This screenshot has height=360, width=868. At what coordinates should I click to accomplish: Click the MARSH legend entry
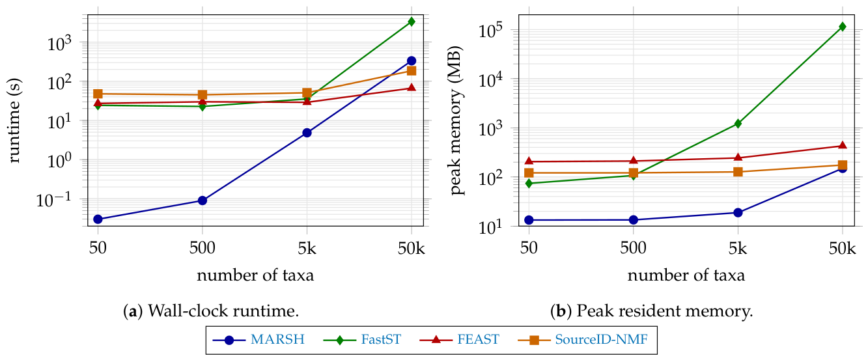[259, 340]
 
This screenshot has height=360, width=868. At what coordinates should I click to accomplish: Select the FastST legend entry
[362, 340]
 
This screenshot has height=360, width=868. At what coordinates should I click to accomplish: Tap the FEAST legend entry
[459, 340]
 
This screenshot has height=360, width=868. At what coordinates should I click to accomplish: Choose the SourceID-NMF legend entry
[583, 340]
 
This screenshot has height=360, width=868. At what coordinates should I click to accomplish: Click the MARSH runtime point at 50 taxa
[98, 219]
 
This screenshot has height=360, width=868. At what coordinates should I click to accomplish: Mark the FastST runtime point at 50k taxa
[412, 21]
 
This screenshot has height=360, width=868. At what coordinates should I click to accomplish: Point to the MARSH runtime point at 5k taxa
[307, 133]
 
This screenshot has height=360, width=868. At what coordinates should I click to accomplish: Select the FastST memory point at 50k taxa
[843, 27]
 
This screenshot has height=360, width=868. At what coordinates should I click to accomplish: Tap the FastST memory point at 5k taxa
[738, 124]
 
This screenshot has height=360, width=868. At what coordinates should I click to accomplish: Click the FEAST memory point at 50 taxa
[529, 161]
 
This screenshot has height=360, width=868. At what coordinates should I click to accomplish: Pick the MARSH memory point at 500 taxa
[633, 220]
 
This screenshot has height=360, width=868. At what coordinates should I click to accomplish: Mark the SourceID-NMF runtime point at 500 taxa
[203, 95]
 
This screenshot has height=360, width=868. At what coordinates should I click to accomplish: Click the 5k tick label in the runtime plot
[307, 248]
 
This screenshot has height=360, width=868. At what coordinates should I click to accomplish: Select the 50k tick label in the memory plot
[843, 248]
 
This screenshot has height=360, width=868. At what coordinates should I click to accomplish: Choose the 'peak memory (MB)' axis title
[457, 120]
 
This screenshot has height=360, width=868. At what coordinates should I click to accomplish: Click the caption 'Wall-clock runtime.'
[223, 311]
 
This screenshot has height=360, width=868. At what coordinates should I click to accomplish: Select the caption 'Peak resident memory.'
[665, 311]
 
